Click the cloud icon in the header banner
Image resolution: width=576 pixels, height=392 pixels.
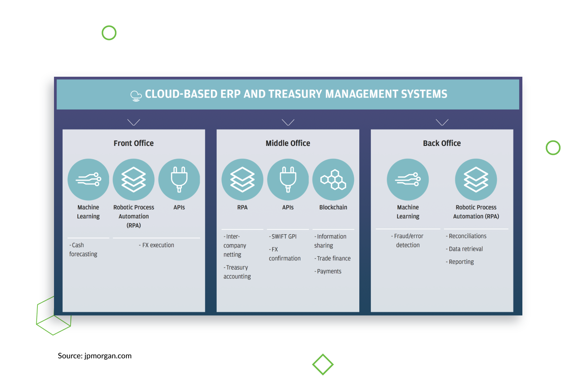click(136, 95)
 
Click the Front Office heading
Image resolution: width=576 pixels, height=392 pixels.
click(134, 143)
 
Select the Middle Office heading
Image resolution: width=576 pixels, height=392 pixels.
click(288, 143)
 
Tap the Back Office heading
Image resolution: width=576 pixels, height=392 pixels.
click(442, 143)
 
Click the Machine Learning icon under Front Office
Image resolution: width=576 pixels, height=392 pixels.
click(88, 179)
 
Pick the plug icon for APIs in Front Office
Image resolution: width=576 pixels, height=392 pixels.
click(179, 179)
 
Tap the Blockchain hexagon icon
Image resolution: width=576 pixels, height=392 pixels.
click(333, 179)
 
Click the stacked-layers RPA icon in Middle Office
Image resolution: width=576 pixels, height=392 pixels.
click(242, 179)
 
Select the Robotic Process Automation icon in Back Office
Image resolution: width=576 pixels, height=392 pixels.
click(476, 179)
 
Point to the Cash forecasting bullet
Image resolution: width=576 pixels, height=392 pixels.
click(83, 250)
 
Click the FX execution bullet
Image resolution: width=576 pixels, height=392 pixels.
click(157, 245)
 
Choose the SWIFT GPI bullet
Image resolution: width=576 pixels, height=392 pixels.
click(283, 236)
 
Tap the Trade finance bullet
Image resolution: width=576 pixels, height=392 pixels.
click(333, 258)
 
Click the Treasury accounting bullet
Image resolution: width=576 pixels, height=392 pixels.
click(237, 272)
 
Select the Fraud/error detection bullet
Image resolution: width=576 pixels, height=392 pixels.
click(408, 240)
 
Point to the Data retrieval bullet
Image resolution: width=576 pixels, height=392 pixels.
click(465, 249)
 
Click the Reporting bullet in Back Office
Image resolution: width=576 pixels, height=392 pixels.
click(460, 262)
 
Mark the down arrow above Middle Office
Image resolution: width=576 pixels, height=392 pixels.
click(288, 122)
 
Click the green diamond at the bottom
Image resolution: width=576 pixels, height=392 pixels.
click(323, 364)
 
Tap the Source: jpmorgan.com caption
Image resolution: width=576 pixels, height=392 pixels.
click(95, 356)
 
